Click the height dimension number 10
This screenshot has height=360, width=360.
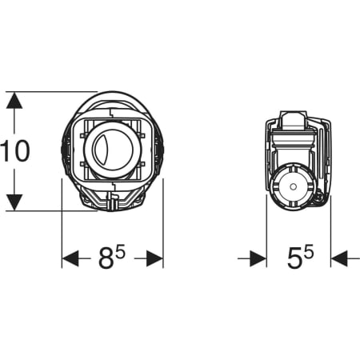[x=14, y=151]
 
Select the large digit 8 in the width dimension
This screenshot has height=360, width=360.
[x=106, y=258]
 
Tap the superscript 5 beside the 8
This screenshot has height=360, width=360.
[x=121, y=253]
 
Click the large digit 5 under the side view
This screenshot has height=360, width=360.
[x=294, y=258]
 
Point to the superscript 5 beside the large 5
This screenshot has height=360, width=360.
[x=309, y=253]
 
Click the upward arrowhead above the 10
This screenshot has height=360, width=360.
[x=14, y=100]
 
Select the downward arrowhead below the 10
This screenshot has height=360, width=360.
[x=14, y=202]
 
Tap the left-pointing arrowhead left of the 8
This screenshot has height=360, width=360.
[x=70, y=258]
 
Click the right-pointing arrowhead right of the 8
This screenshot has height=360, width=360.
[x=154, y=258]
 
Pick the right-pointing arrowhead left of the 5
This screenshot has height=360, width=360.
[x=258, y=258]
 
